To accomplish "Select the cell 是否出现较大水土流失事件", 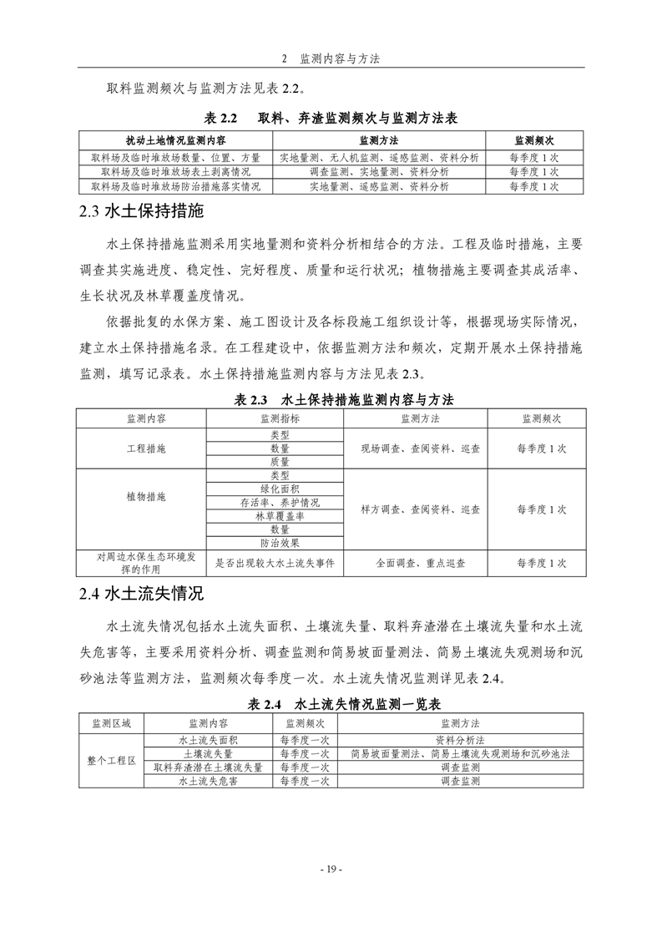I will [x=275, y=563].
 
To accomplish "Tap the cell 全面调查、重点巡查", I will [x=415, y=563].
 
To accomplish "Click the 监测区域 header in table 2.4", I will [x=112, y=723].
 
